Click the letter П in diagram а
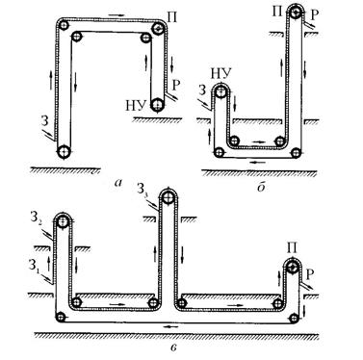172,17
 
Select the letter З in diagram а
45,121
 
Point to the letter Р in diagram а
176,85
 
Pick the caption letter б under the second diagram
261,187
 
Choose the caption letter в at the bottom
173,347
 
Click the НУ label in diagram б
220,74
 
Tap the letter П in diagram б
277,12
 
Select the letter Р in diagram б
315,14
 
